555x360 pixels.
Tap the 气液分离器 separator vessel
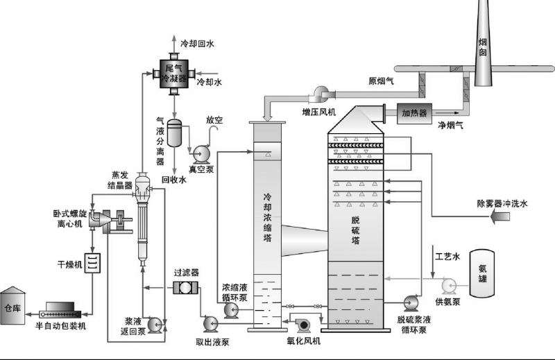(x=175, y=130)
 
